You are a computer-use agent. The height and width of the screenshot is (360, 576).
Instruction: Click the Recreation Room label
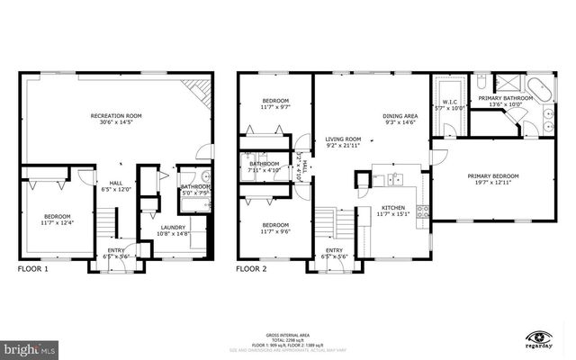coord(118,119)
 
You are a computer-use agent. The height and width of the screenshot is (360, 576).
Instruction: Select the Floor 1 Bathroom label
coord(195,189)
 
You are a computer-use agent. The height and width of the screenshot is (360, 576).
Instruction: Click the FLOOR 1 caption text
coord(34,268)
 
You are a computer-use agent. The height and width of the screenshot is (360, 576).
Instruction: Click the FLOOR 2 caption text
coord(252,268)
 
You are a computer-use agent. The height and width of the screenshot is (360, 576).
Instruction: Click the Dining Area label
coord(400,119)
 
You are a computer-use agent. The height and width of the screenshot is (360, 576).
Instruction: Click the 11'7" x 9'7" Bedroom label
coord(275,103)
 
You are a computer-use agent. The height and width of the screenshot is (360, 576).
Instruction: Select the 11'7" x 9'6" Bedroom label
coord(275,228)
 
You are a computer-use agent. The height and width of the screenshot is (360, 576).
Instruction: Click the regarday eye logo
coord(539,334)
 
